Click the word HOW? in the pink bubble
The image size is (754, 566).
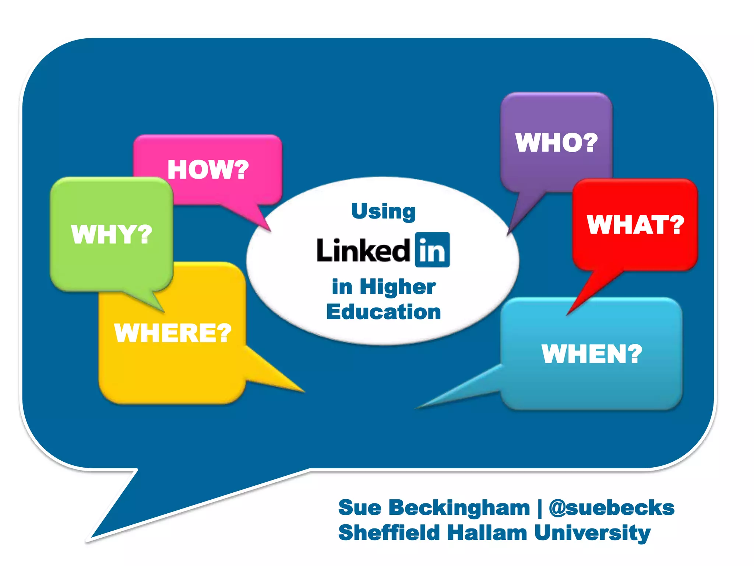click(x=208, y=170)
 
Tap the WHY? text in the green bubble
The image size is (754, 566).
click(x=112, y=234)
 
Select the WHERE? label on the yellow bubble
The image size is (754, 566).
click(x=173, y=333)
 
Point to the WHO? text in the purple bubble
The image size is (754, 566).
click(x=556, y=143)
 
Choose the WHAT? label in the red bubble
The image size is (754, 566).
click(x=635, y=225)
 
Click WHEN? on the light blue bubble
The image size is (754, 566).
click(x=592, y=354)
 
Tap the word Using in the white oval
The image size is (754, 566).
click(x=383, y=212)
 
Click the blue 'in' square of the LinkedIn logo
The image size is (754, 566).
click(x=432, y=250)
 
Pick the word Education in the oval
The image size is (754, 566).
click(x=384, y=312)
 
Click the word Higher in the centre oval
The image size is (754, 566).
click(x=398, y=287)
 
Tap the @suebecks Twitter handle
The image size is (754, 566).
click(x=612, y=508)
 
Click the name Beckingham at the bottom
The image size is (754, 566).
click(x=459, y=508)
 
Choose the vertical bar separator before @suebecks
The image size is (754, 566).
click(x=540, y=508)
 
